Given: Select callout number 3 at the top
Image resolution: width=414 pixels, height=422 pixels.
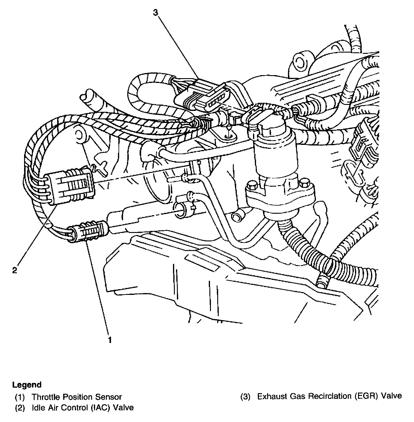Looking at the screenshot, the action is click(x=155, y=12).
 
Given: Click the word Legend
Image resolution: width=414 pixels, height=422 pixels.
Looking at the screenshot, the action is click(x=27, y=385).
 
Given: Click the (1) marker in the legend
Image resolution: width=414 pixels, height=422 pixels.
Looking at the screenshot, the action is click(x=20, y=397).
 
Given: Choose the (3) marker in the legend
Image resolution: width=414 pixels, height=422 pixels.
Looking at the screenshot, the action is click(x=245, y=396).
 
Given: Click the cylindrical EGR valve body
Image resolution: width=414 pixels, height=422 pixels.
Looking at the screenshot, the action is click(x=274, y=156).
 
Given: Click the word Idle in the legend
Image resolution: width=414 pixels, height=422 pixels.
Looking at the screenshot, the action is click(x=37, y=408).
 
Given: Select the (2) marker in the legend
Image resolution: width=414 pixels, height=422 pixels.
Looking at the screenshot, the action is click(x=20, y=408).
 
